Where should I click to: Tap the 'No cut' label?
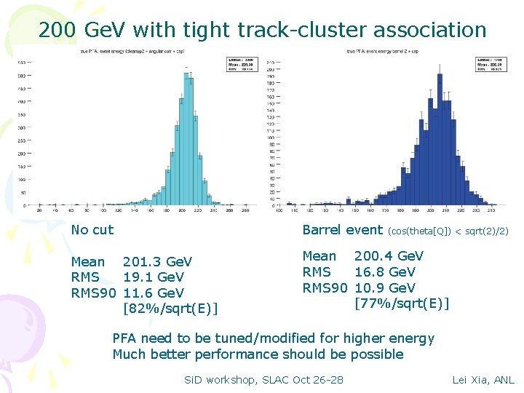pos(92,230)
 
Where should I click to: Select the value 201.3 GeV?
pos(157,261)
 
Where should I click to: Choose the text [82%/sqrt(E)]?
pos(170,309)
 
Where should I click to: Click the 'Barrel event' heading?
pos(342,230)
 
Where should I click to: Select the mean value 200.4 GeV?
pos(389,256)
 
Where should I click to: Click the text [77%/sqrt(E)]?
pos(402,303)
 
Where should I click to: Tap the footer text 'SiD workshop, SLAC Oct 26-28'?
pos(263,379)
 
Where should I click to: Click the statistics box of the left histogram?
pos(239,64)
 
